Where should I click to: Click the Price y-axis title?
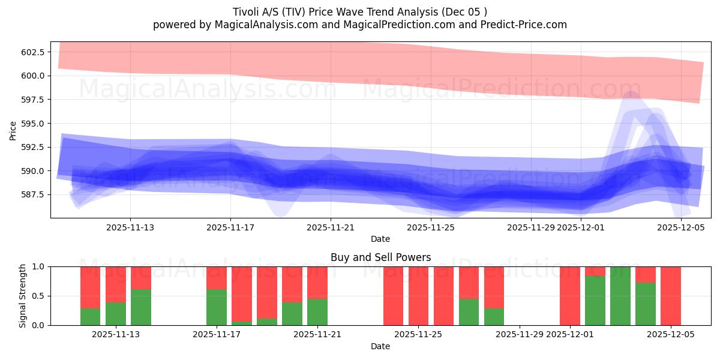(13, 130)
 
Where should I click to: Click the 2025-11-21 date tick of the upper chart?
(331, 227)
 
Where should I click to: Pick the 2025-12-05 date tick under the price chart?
(681, 227)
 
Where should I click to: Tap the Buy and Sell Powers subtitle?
(380, 257)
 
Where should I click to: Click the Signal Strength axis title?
(22, 295)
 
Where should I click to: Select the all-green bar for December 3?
(620, 296)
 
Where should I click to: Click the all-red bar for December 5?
(671, 296)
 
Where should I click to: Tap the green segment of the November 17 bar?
(217, 307)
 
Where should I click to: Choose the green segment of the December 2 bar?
(595, 301)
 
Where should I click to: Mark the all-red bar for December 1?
(570, 296)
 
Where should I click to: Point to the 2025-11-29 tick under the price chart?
(531, 227)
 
